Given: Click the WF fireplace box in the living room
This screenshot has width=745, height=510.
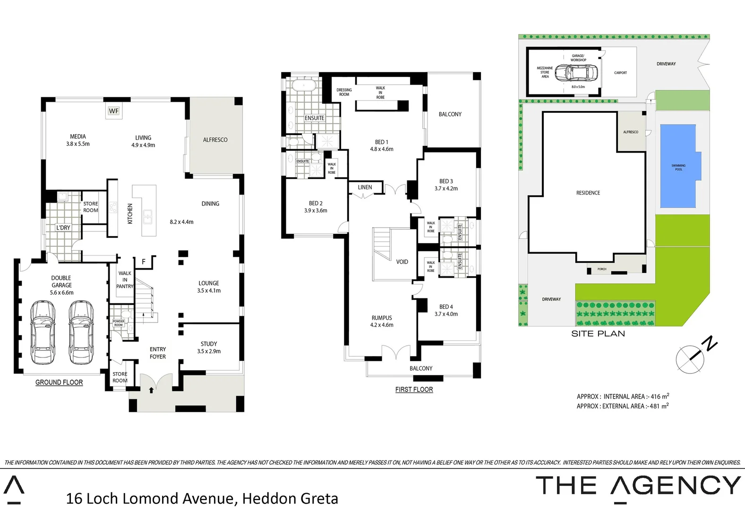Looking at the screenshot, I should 114,111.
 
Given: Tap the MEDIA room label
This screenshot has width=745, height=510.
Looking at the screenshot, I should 78,137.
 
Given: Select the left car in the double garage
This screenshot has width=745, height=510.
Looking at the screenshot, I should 43,333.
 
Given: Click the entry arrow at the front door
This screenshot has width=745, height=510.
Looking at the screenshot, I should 151,390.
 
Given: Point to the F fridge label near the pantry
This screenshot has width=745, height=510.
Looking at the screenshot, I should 144,262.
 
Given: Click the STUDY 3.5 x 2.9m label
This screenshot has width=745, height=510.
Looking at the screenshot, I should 209,348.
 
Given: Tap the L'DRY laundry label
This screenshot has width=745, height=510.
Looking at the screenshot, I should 63,228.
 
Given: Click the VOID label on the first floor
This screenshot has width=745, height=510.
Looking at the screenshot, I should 402,262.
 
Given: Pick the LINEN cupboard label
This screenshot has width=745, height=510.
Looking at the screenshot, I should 365,187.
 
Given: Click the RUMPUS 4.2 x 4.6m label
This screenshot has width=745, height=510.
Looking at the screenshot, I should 382,321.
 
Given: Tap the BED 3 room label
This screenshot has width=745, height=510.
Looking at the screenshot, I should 446,181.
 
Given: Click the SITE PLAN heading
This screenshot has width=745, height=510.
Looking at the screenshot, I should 598,334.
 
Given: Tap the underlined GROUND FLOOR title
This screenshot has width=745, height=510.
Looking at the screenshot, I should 59,382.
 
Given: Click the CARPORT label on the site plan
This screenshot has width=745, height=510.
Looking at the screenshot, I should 620,73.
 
